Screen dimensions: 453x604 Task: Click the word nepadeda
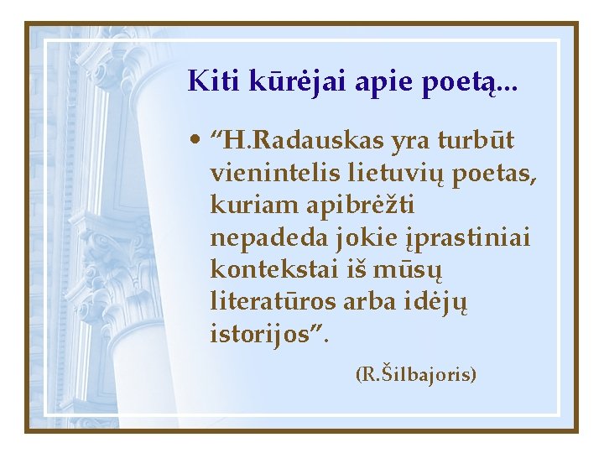click(254, 237)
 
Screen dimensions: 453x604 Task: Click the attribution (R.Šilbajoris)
click(416, 373)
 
